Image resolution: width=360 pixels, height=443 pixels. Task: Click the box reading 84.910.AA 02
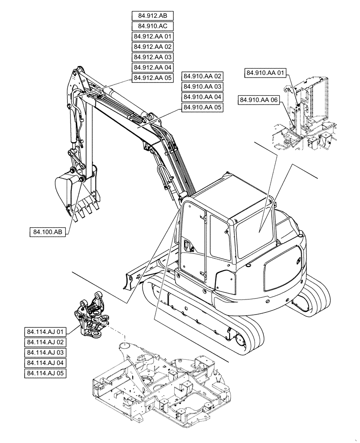[x=202, y=76]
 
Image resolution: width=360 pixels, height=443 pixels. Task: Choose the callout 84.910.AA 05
[x=202, y=107]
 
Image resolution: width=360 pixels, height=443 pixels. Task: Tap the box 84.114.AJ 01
[x=46, y=331]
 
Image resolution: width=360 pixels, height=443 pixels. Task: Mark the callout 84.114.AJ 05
[x=46, y=373]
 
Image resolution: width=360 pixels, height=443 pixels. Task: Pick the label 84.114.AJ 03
[x=46, y=353]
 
